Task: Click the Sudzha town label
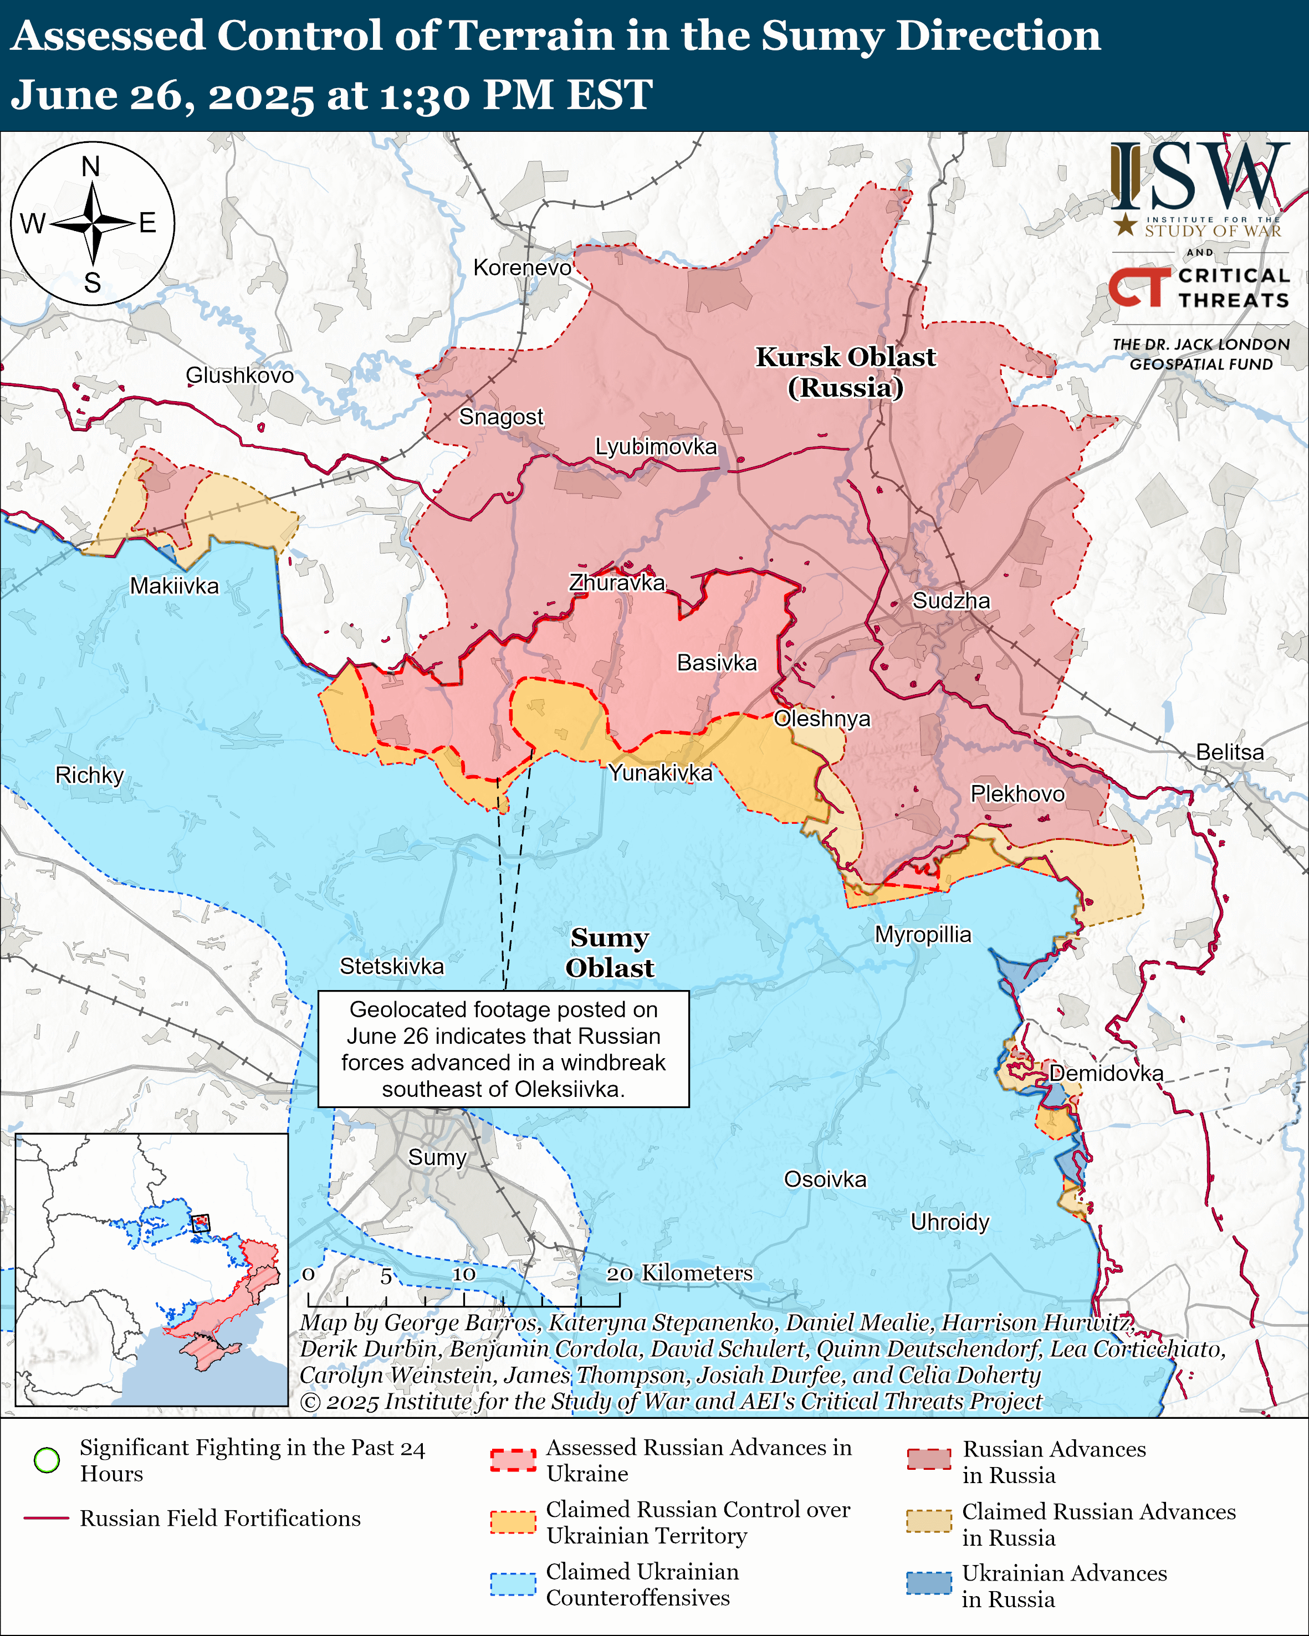[x=951, y=601]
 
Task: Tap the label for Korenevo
[x=522, y=268]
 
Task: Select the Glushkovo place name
[x=240, y=375]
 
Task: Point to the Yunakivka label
[x=660, y=773]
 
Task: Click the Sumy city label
[x=437, y=1157]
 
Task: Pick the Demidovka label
[x=1106, y=1073]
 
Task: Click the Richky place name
[x=90, y=776]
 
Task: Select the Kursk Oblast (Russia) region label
[x=845, y=372]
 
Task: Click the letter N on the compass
[x=91, y=167]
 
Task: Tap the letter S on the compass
[x=93, y=283]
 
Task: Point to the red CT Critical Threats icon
[x=1139, y=287]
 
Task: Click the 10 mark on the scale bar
[x=464, y=1274]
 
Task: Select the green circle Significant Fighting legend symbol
[x=47, y=1460]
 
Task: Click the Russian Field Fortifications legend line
[x=47, y=1519]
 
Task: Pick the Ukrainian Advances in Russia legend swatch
[x=928, y=1583]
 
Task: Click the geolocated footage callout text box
[x=503, y=1049]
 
